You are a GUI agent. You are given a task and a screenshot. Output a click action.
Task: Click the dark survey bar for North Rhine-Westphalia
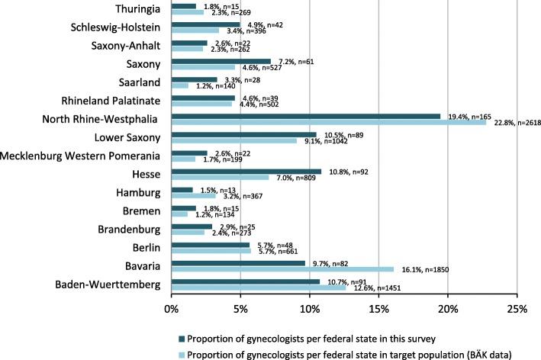pyautogui.click(x=305, y=117)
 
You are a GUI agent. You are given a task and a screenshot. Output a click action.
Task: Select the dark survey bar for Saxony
pyautogui.click(x=221, y=61)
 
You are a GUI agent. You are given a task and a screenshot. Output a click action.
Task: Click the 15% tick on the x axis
pyautogui.click(x=378, y=310)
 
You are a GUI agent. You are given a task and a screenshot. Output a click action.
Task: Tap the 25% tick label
pyautogui.click(x=517, y=310)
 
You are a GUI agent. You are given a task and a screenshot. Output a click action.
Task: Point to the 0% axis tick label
pyautogui.click(x=171, y=310)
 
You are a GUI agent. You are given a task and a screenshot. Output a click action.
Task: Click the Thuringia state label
pyautogui.click(x=137, y=10)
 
